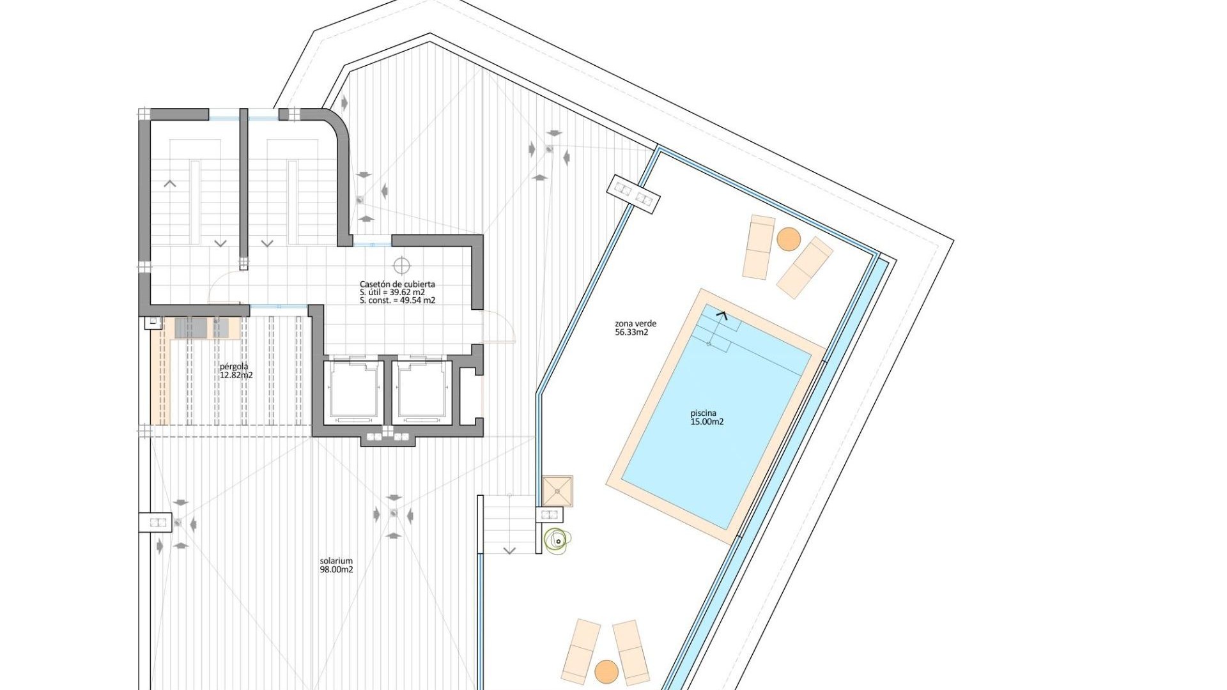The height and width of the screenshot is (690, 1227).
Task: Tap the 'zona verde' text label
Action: [x=635, y=323]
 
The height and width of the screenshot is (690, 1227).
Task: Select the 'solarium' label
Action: [x=336, y=561]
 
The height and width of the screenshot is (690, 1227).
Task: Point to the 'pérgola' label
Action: [x=234, y=367]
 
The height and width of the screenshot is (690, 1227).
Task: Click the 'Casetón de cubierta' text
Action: [x=397, y=284]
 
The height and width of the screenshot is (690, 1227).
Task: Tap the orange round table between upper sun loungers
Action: [x=789, y=239]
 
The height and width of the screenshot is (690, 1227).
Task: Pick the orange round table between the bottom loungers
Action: [x=606, y=671]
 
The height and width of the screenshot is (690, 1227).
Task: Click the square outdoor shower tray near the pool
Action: [x=558, y=491]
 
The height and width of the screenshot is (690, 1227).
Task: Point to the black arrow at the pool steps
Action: [x=723, y=314]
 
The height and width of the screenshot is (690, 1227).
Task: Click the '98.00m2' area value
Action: [x=336, y=570]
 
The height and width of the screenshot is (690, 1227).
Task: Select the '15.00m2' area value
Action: [x=707, y=422]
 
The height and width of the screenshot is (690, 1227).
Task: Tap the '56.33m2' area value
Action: [x=631, y=332]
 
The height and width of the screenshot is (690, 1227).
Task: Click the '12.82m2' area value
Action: [x=236, y=375]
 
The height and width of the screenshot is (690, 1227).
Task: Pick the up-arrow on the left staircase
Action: [x=170, y=184]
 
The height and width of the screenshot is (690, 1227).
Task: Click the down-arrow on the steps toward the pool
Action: [x=509, y=550]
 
